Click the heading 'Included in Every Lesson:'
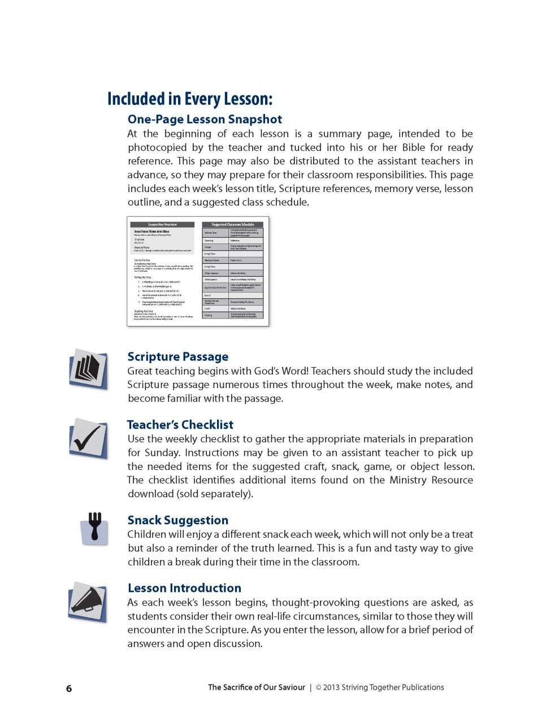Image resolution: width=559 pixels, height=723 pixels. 190,99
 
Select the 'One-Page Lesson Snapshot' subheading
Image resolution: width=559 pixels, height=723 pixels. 205,119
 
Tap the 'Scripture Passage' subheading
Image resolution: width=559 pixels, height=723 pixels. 178,356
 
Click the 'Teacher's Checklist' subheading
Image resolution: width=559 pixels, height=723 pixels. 180,425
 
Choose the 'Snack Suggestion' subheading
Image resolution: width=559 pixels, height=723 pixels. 178,520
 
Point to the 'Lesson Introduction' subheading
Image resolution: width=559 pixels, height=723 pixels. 184,588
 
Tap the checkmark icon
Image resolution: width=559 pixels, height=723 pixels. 88,438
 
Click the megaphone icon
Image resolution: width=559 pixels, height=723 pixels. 88,602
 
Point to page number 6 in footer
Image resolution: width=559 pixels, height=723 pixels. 69,688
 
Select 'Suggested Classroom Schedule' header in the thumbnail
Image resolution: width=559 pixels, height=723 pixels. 233,224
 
